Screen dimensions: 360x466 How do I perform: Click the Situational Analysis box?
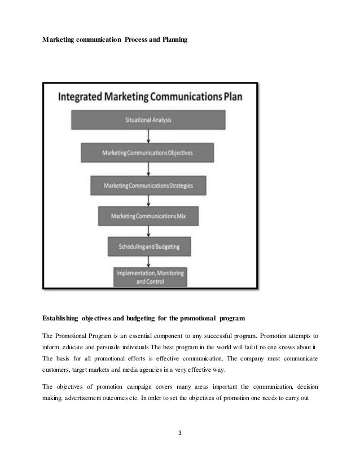[x=148, y=120]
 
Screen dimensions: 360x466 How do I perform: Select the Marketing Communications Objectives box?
[x=148, y=152]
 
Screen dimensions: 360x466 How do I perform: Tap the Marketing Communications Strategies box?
[x=148, y=185]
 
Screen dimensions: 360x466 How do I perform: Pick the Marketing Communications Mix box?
[x=148, y=216]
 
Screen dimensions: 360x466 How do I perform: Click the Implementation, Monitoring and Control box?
[x=150, y=276]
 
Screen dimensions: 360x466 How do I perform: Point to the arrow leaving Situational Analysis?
[x=148, y=136]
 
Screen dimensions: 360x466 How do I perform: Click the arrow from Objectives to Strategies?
[x=148, y=169]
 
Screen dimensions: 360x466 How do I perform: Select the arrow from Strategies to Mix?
[x=148, y=200]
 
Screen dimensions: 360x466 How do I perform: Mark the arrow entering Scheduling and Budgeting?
[x=148, y=231]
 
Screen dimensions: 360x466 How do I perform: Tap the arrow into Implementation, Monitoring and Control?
[x=148, y=261]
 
